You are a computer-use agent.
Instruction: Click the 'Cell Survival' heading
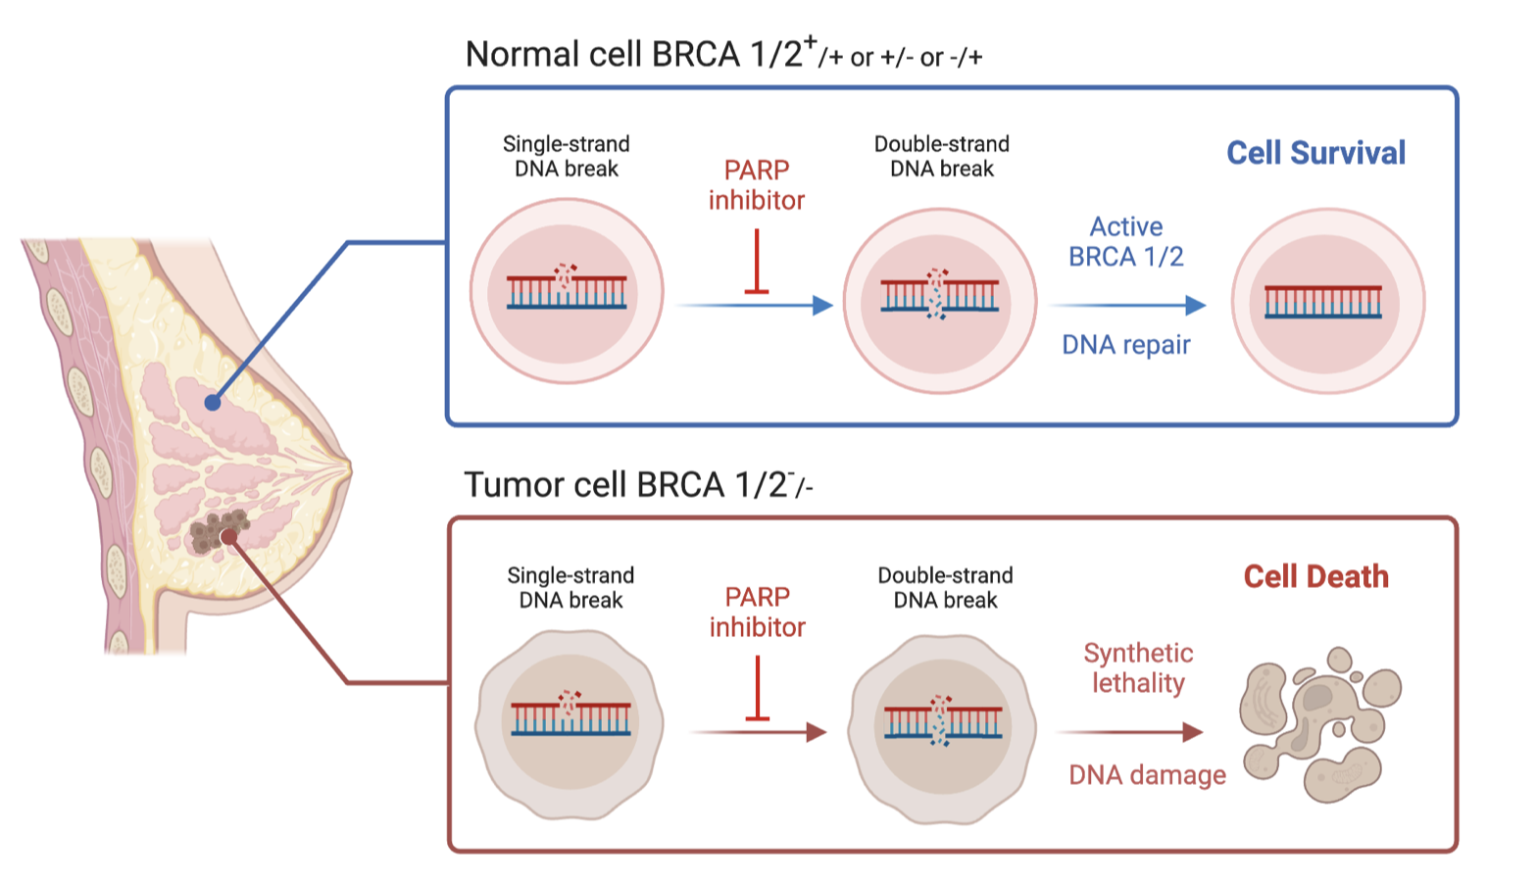1315,153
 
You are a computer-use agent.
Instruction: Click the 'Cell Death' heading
1316,577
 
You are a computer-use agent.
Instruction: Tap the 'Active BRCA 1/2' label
1126,241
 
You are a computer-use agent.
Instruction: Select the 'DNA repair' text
1126,344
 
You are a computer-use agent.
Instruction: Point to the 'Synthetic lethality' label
1138,668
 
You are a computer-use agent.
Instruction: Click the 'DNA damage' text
1147,775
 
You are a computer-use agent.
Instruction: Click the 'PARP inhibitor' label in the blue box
756,185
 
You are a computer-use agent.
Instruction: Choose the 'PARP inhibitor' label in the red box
757,612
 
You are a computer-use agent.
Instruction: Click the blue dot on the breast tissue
213,403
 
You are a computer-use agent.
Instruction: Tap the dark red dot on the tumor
228,536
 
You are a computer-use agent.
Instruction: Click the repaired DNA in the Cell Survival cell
1323,302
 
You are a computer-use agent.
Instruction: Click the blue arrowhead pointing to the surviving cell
1196,305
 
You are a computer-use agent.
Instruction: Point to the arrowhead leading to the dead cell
1193,732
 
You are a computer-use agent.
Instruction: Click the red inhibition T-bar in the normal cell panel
756,262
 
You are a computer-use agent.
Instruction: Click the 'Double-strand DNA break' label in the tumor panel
945,588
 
